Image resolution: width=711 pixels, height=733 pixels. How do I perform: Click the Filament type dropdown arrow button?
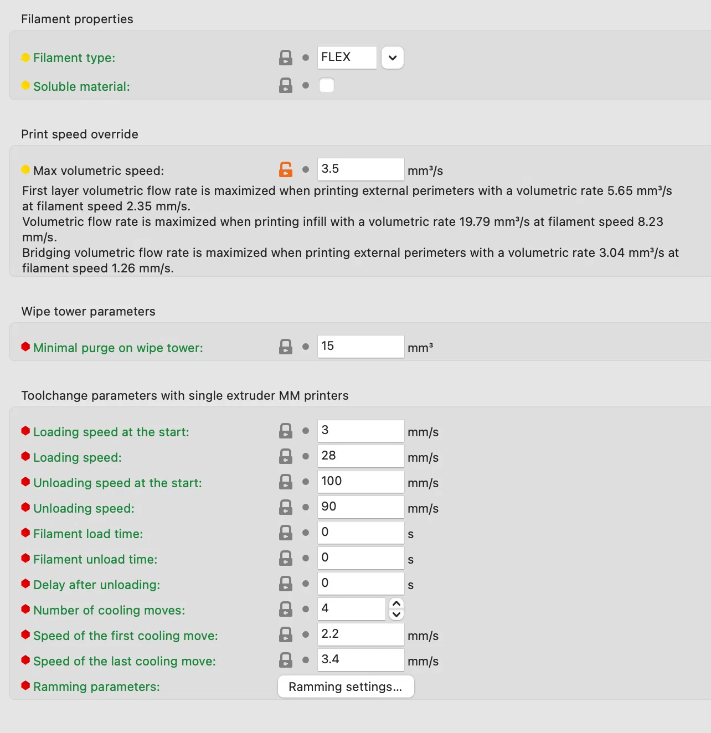pyautogui.click(x=393, y=58)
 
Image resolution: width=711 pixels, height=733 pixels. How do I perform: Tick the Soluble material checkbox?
pyautogui.click(x=327, y=86)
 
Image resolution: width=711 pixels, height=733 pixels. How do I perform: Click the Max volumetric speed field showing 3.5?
pyautogui.click(x=360, y=169)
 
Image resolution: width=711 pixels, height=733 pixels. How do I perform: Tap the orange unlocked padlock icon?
pyautogui.click(x=286, y=169)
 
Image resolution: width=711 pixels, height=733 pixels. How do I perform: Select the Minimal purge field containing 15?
pyautogui.click(x=360, y=347)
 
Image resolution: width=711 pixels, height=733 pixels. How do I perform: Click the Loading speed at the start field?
pyautogui.click(x=360, y=431)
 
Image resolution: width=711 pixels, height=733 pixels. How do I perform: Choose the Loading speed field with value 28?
pyautogui.click(x=360, y=456)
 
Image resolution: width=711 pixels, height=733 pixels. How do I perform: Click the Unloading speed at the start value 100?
pyautogui.click(x=360, y=482)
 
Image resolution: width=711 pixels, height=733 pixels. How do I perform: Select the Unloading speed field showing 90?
pyautogui.click(x=360, y=507)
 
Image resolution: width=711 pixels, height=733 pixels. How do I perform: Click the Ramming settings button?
pyautogui.click(x=346, y=687)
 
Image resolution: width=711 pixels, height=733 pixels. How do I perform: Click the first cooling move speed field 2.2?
pyautogui.click(x=360, y=634)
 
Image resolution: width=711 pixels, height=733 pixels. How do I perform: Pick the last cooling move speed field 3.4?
pyautogui.click(x=360, y=660)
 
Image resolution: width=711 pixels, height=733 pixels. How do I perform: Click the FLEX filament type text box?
pyautogui.click(x=347, y=58)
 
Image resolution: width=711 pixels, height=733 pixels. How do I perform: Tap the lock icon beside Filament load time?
pyautogui.click(x=286, y=533)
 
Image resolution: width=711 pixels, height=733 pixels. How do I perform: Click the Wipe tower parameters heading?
pyautogui.click(x=89, y=312)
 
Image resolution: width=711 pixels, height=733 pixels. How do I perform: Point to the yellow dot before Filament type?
pyautogui.click(x=25, y=58)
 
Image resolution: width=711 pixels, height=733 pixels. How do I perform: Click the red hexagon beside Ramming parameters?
pyautogui.click(x=25, y=686)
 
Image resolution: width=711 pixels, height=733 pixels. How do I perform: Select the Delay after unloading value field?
pyautogui.click(x=360, y=584)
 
